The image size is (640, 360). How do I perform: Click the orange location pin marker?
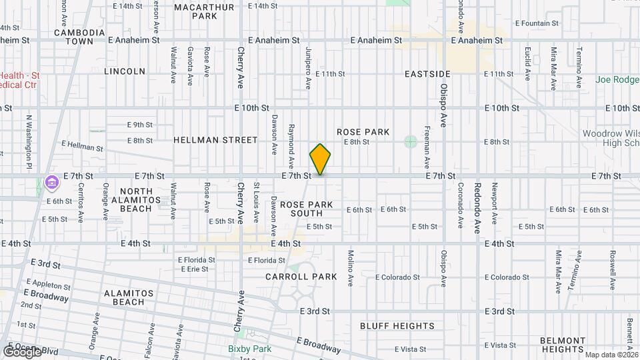coord(320,159)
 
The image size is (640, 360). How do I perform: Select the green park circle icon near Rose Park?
coord(410,141)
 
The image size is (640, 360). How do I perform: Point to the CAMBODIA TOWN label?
coord(79,37)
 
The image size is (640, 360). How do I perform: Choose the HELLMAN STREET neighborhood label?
coord(215,140)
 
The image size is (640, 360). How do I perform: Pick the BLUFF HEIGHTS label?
coord(397,326)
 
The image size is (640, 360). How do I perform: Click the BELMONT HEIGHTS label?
coord(563,344)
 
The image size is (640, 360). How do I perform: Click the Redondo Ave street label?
coord(477,206)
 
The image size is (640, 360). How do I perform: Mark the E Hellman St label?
coord(82,146)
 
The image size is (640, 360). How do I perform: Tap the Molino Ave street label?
coord(349,268)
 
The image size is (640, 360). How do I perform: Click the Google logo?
coord(21,351)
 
